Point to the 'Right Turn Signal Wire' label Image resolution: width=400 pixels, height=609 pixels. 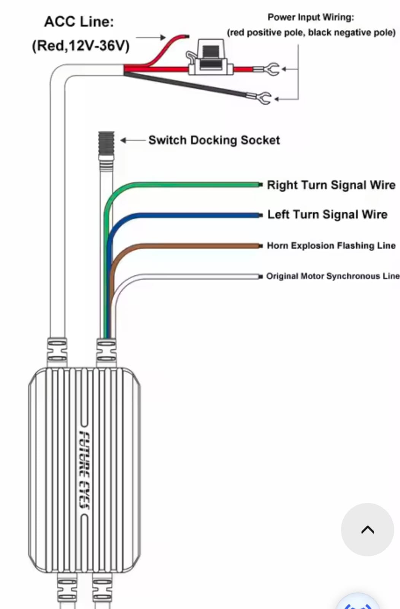tap(331, 185)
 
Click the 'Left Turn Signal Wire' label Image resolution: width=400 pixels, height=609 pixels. tap(327, 215)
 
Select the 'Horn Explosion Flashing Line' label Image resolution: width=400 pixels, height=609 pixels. tap(331, 246)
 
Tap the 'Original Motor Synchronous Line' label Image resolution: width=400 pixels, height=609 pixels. tap(332, 276)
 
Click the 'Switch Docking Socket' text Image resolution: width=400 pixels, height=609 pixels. tap(214, 140)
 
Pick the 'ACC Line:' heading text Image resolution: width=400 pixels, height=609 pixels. tap(79, 22)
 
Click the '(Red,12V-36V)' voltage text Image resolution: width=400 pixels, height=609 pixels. tap(81, 46)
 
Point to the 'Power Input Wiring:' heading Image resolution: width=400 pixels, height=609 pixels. tap(311, 17)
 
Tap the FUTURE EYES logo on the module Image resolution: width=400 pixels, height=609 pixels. tap(84, 470)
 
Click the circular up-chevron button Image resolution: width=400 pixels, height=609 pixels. tap(367, 529)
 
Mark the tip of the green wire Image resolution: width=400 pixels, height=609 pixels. tap(260, 185)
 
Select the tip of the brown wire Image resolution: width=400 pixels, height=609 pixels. tap(260, 246)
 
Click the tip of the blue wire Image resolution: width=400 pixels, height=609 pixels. tap(260, 215)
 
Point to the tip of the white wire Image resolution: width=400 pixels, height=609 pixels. tap(260, 276)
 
